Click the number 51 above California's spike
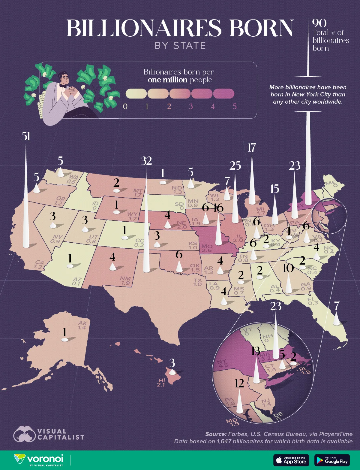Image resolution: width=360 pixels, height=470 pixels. (26, 136)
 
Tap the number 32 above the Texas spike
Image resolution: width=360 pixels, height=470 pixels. (146, 161)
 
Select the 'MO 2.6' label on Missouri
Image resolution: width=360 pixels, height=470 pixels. (207, 248)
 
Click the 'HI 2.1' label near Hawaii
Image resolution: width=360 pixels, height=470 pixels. (161, 382)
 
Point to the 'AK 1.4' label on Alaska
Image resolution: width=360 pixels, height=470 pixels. (82, 325)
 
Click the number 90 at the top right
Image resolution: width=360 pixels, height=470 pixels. (319, 23)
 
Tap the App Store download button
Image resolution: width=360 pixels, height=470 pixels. (291, 460)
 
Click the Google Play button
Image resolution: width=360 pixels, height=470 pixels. (332, 460)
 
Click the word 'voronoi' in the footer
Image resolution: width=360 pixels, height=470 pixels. (45, 459)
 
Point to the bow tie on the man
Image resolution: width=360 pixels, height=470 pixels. (62, 86)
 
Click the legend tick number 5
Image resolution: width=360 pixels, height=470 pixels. (235, 106)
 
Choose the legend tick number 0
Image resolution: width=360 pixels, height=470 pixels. (125, 106)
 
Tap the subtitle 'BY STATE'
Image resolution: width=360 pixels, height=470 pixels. (180, 45)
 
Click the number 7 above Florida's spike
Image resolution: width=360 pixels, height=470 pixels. (337, 306)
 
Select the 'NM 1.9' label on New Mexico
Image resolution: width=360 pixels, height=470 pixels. (125, 280)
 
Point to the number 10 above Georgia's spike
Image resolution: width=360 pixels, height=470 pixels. (288, 268)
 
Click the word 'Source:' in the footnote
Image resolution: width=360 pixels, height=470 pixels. (216, 434)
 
